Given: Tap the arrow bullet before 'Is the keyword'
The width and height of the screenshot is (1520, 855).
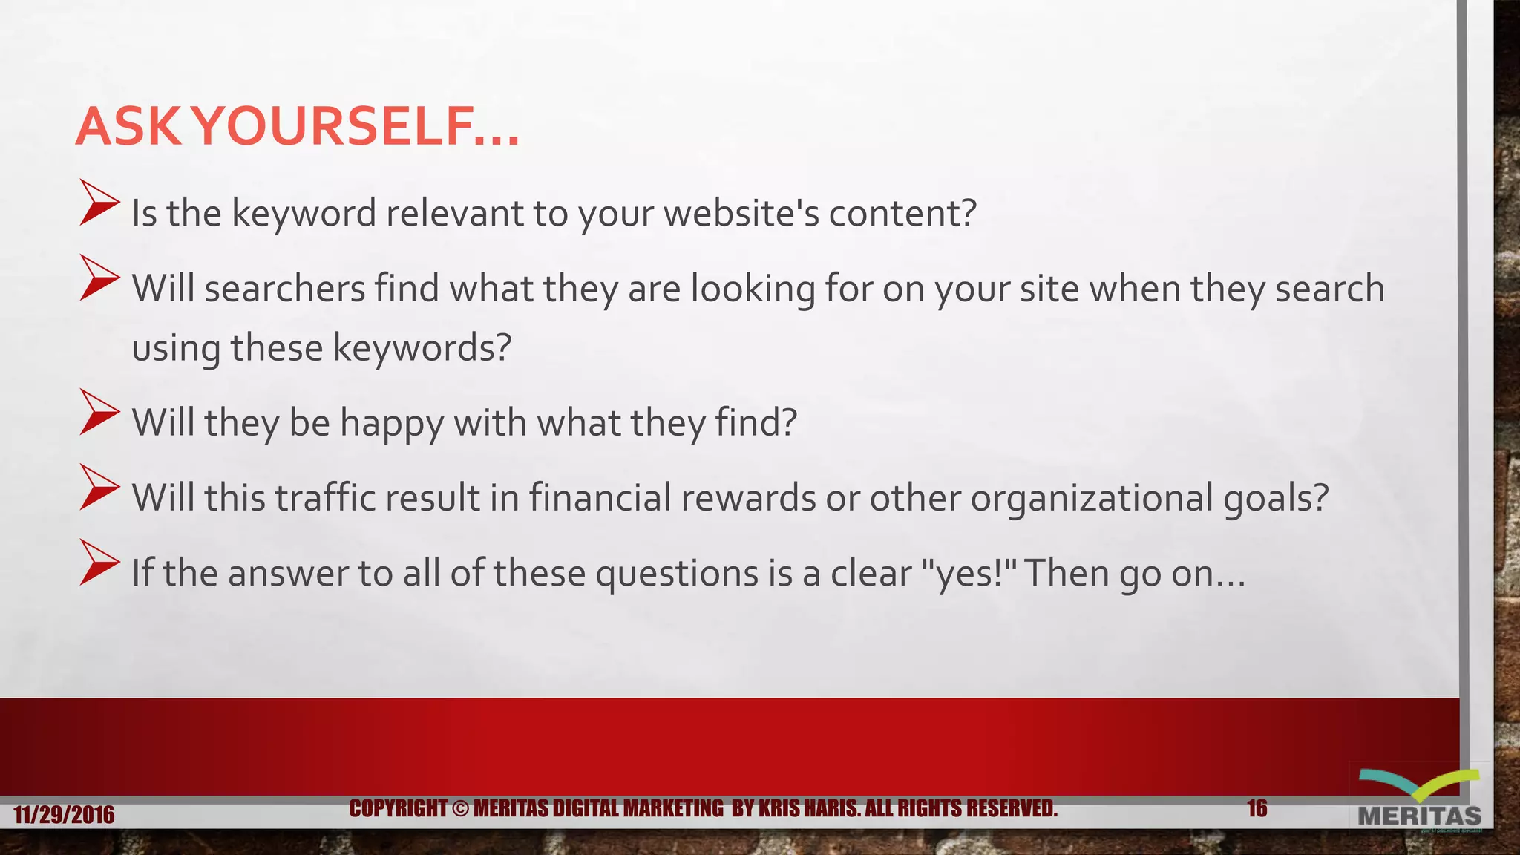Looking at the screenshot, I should click(x=99, y=203).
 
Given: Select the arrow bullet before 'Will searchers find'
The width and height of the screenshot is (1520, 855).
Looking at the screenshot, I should click(x=99, y=278).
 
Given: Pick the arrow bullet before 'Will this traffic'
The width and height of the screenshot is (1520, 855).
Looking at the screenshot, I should click(x=99, y=488).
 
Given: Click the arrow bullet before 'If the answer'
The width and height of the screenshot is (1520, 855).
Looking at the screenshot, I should click(x=99, y=563).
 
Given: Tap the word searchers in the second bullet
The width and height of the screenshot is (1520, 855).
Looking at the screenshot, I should click(x=285, y=289).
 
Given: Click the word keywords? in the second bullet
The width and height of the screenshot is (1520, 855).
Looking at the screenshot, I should click(x=422, y=347).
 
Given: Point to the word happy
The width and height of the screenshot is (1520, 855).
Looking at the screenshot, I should click(x=391, y=424).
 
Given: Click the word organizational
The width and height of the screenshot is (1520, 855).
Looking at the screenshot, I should click(x=1092, y=498).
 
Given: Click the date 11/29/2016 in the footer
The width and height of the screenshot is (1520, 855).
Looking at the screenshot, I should click(x=64, y=815).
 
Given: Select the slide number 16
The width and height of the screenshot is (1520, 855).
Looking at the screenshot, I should click(x=1257, y=808).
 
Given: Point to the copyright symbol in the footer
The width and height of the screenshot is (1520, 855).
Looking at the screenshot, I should click(x=460, y=808).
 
